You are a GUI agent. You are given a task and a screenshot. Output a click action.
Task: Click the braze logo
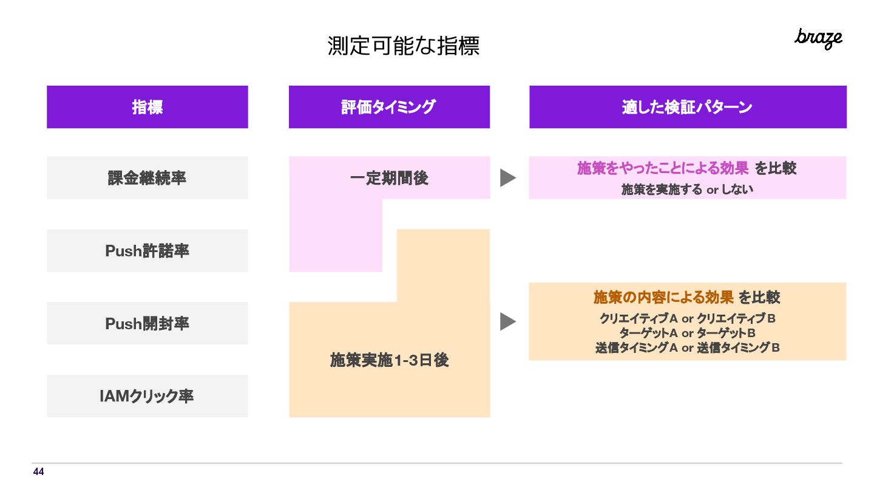(x=818, y=38)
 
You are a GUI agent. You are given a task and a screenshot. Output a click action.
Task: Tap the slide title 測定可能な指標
(x=404, y=46)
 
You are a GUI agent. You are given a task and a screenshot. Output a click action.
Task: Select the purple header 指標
(x=147, y=107)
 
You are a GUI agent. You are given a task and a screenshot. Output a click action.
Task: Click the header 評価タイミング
(x=389, y=107)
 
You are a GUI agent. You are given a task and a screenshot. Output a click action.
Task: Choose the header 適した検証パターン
(x=688, y=107)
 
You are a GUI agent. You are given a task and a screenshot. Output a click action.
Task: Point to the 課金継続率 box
(x=147, y=178)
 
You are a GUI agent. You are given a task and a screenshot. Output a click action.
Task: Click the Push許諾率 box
(x=147, y=251)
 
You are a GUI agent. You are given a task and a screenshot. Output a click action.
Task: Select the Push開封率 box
(x=147, y=324)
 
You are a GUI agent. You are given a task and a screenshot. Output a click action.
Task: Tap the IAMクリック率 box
(x=147, y=397)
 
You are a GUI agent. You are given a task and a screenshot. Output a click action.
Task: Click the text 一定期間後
(x=389, y=178)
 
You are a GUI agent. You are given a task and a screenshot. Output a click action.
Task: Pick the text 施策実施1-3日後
(x=389, y=360)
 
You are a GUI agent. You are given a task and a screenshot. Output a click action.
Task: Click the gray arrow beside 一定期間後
(x=507, y=178)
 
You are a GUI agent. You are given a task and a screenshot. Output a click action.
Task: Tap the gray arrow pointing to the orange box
(x=507, y=321)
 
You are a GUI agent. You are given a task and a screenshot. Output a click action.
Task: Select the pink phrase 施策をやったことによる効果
(x=663, y=168)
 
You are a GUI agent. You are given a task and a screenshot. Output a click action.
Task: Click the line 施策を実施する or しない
(x=687, y=189)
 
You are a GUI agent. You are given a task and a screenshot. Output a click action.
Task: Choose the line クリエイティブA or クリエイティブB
(x=687, y=318)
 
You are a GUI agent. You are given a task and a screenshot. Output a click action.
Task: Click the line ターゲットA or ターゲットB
(x=687, y=333)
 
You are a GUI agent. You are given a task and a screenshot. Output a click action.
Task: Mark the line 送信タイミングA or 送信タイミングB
(x=687, y=348)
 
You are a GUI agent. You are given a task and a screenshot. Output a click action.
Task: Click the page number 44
(x=38, y=472)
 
